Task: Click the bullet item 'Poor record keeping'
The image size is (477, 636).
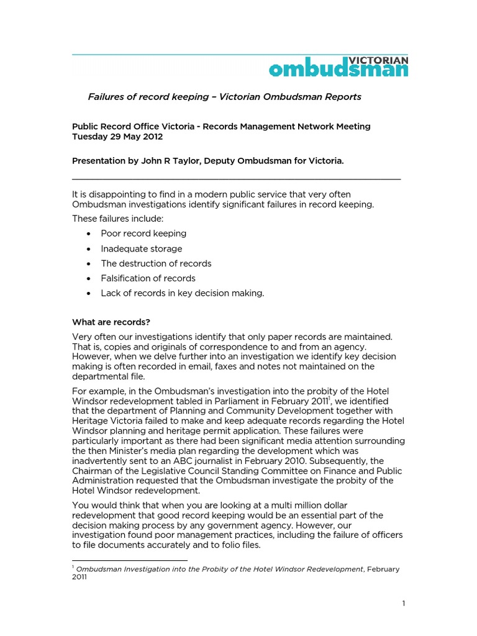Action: point(143,234)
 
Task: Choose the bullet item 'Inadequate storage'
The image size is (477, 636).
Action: point(142,248)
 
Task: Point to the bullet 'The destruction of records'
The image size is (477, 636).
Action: point(156,263)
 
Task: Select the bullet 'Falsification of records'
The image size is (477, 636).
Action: point(148,278)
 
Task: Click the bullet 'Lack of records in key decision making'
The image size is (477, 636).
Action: point(183,293)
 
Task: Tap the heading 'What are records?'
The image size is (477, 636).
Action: point(111,322)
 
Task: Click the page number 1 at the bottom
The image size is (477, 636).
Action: point(403,603)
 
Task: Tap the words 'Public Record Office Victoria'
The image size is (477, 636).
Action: point(135,127)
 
